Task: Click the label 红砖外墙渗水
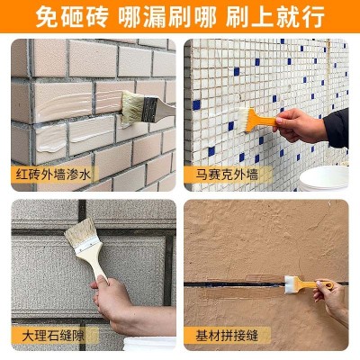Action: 50,174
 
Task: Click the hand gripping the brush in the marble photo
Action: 117,306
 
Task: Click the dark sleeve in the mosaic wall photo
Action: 337,126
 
